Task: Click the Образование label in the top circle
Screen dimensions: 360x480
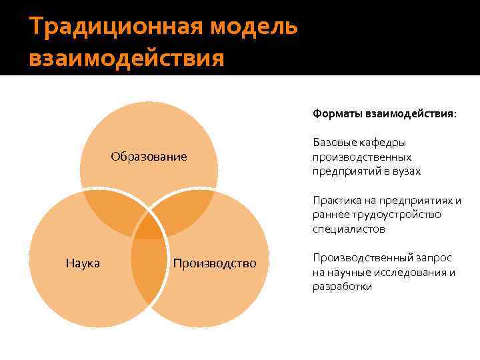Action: [x=149, y=157]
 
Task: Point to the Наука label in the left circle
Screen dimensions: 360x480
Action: [x=83, y=263]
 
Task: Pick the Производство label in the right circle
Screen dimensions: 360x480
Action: [x=214, y=263]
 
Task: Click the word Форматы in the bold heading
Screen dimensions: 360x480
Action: [x=337, y=114]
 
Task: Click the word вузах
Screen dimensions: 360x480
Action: [x=407, y=171]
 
